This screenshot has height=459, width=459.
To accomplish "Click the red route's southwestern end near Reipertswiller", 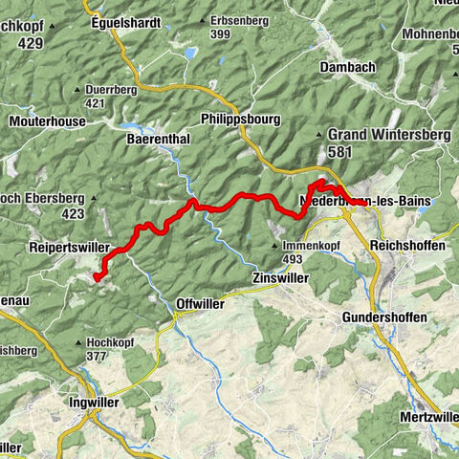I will (96, 277).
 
